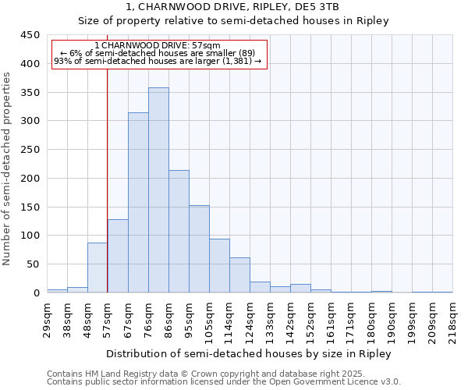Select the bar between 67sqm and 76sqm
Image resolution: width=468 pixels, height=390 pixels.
click(x=138, y=203)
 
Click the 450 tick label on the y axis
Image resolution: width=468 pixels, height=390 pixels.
click(x=30, y=35)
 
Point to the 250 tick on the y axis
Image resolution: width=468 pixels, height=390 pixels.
click(x=30, y=150)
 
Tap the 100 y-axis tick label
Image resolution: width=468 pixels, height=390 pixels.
click(x=30, y=236)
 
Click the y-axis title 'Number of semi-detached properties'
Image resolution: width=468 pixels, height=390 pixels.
click(x=8, y=168)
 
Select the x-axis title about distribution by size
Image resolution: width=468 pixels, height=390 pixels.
click(x=250, y=353)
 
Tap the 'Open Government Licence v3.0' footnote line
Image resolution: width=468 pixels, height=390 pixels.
click(x=224, y=381)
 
